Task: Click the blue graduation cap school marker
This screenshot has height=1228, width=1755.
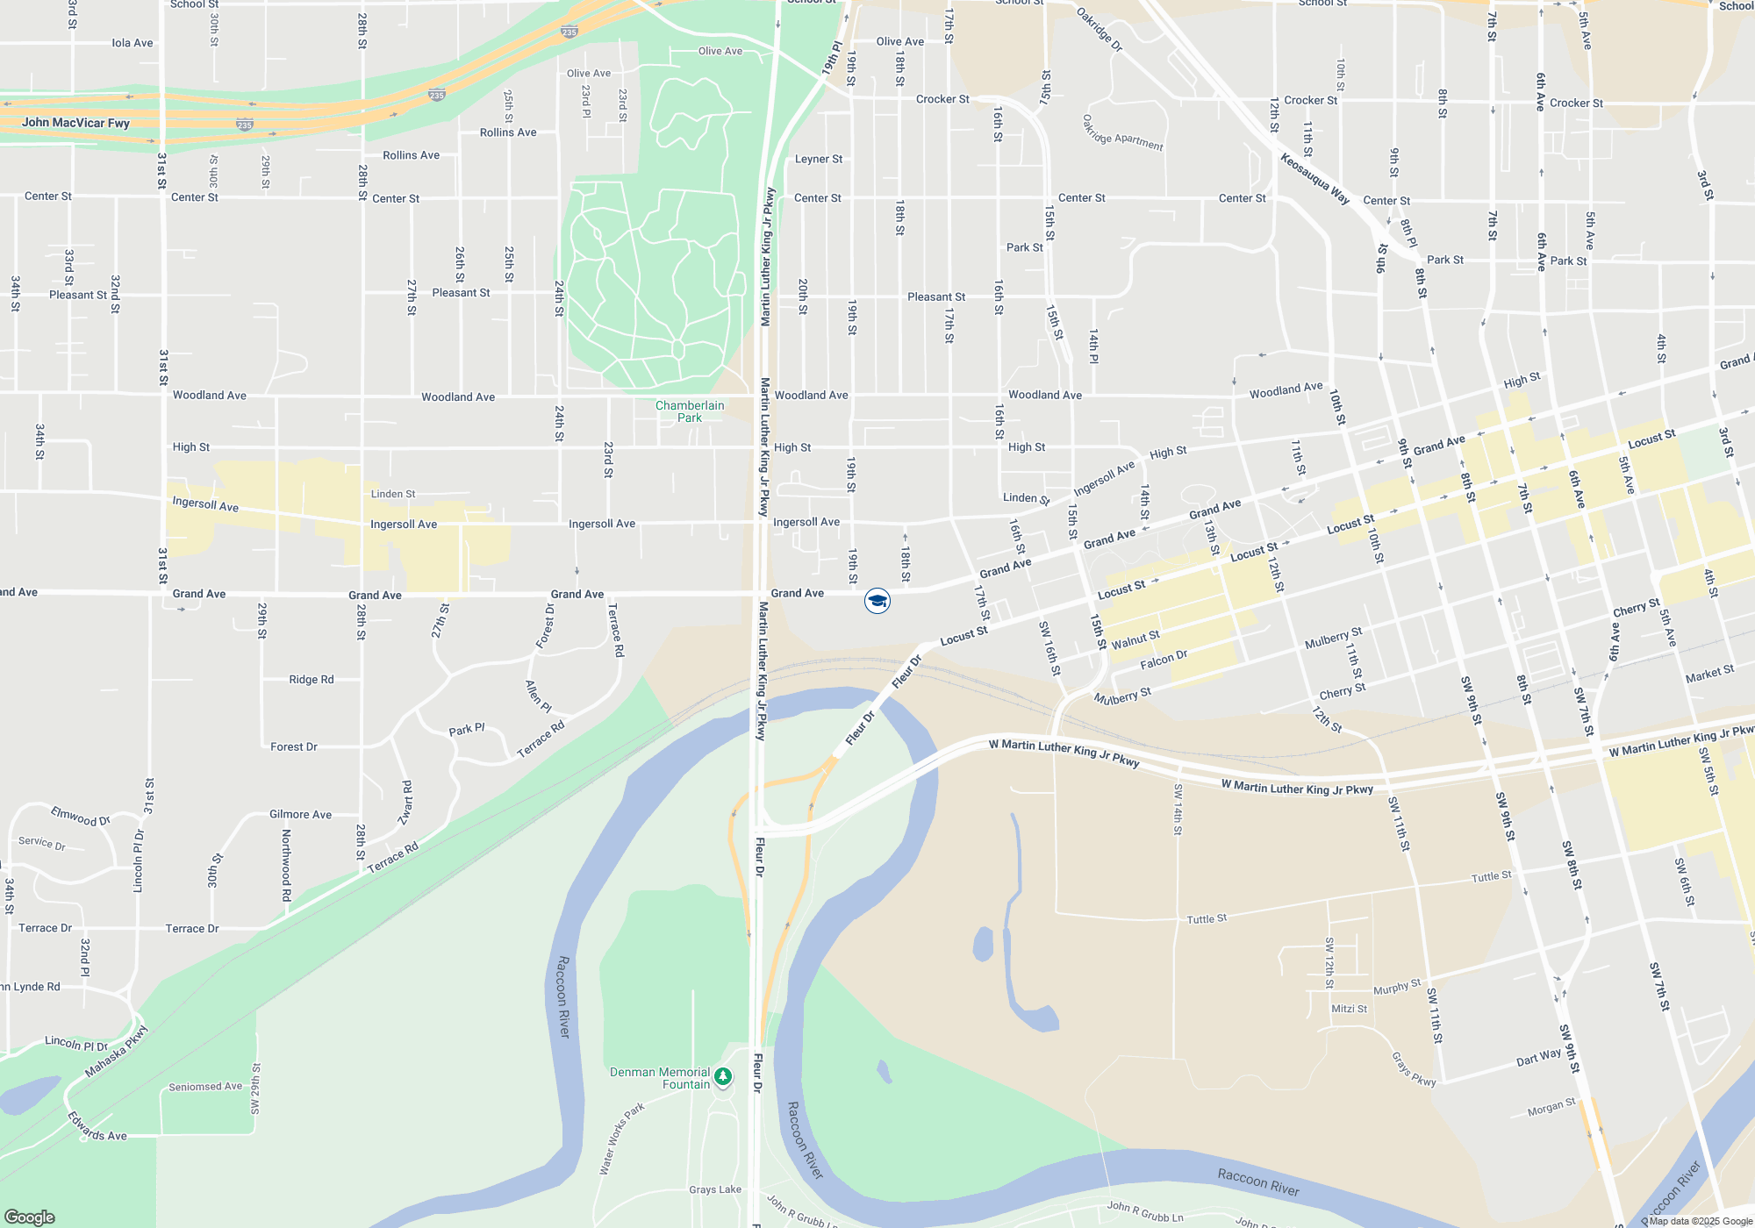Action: [877, 601]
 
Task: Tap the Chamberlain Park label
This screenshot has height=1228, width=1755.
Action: [690, 411]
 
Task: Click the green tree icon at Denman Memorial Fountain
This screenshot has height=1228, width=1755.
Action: [723, 1075]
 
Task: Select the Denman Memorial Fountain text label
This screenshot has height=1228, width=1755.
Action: [660, 1078]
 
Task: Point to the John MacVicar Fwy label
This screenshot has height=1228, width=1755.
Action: [75, 123]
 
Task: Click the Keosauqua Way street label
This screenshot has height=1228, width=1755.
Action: [1314, 179]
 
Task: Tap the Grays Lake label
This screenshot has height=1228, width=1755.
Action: [715, 1189]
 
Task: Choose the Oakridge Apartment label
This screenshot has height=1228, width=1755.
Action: [1122, 133]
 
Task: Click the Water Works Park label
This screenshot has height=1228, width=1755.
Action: [622, 1139]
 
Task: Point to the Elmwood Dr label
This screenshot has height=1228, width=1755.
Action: [81, 817]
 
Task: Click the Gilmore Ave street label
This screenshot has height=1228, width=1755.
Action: [300, 815]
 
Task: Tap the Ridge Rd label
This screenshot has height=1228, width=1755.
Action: [312, 680]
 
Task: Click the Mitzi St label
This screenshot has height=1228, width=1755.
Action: [1350, 1009]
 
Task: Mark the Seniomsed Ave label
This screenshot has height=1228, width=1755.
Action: [205, 1087]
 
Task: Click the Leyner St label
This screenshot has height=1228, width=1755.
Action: [819, 159]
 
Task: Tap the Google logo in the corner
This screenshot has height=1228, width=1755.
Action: [30, 1217]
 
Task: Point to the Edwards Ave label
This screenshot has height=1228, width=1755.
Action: [97, 1126]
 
